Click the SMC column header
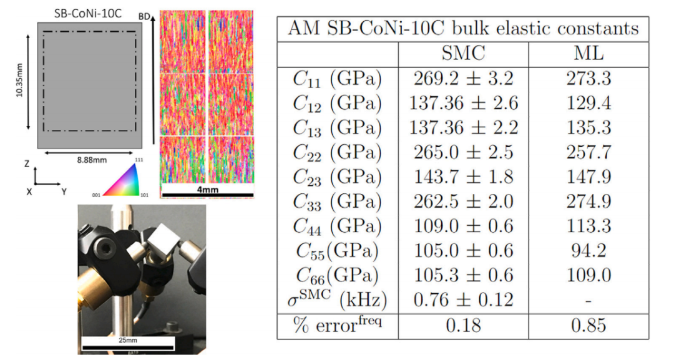(x=463, y=54)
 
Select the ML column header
(x=589, y=54)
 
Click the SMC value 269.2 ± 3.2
(x=463, y=79)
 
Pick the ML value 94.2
(x=589, y=251)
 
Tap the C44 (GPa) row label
(x=338, y=227)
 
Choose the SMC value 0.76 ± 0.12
(x=463, y=300)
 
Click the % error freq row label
(x=338, y=325)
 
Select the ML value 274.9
(x=589, y=202)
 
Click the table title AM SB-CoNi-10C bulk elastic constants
(x=463, y=29)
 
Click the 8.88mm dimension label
(x=92, y=160)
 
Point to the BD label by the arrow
(x=144, y=17)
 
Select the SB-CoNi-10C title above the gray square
(x=88, y=13)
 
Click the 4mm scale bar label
(x=208, y=190)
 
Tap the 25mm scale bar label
(x=128, y=340)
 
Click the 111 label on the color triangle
(x=139, y=160)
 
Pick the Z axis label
(x=27, y=163)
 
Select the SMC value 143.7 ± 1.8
(x=463, y=177)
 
